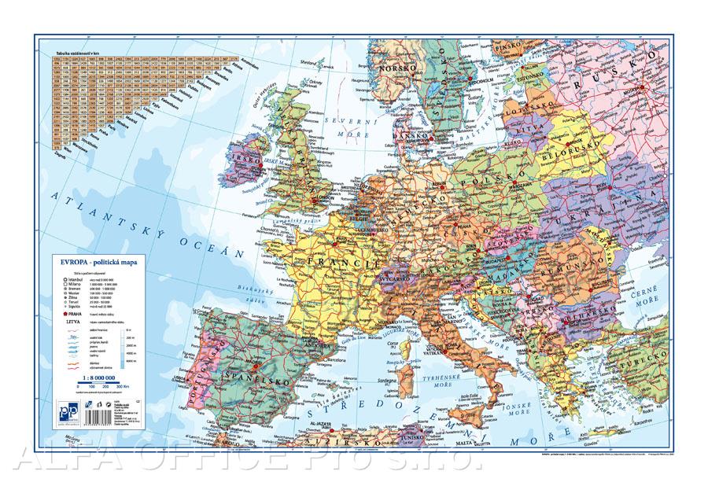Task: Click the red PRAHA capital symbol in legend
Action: point(57,312)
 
